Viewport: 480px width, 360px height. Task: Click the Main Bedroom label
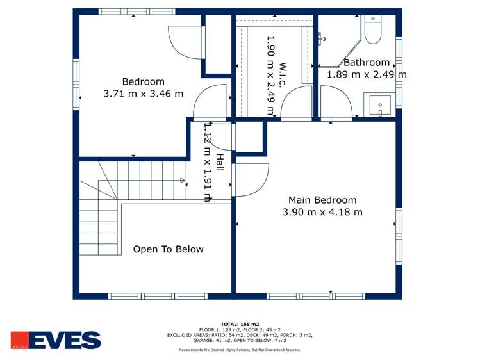(x=322, y=200)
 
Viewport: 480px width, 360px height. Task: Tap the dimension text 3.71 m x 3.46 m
(x=144, y=94)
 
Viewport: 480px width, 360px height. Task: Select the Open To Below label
(x=168, y=249)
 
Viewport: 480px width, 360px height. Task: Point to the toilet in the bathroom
(x=372, y=29)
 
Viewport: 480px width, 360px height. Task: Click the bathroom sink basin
(x=381, y=104)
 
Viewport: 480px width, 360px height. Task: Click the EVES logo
(x=56, y=340)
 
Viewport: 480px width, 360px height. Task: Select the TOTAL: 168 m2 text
(x=239, y=324)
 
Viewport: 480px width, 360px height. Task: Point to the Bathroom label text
(x=367, y=63)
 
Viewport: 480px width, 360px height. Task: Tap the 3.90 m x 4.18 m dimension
(x=322, y=212)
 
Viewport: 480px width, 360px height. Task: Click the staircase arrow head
(x=183, y=181)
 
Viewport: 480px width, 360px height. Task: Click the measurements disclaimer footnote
(x=239, y=350)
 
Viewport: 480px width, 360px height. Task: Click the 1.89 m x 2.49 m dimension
(x=367, y=74)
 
